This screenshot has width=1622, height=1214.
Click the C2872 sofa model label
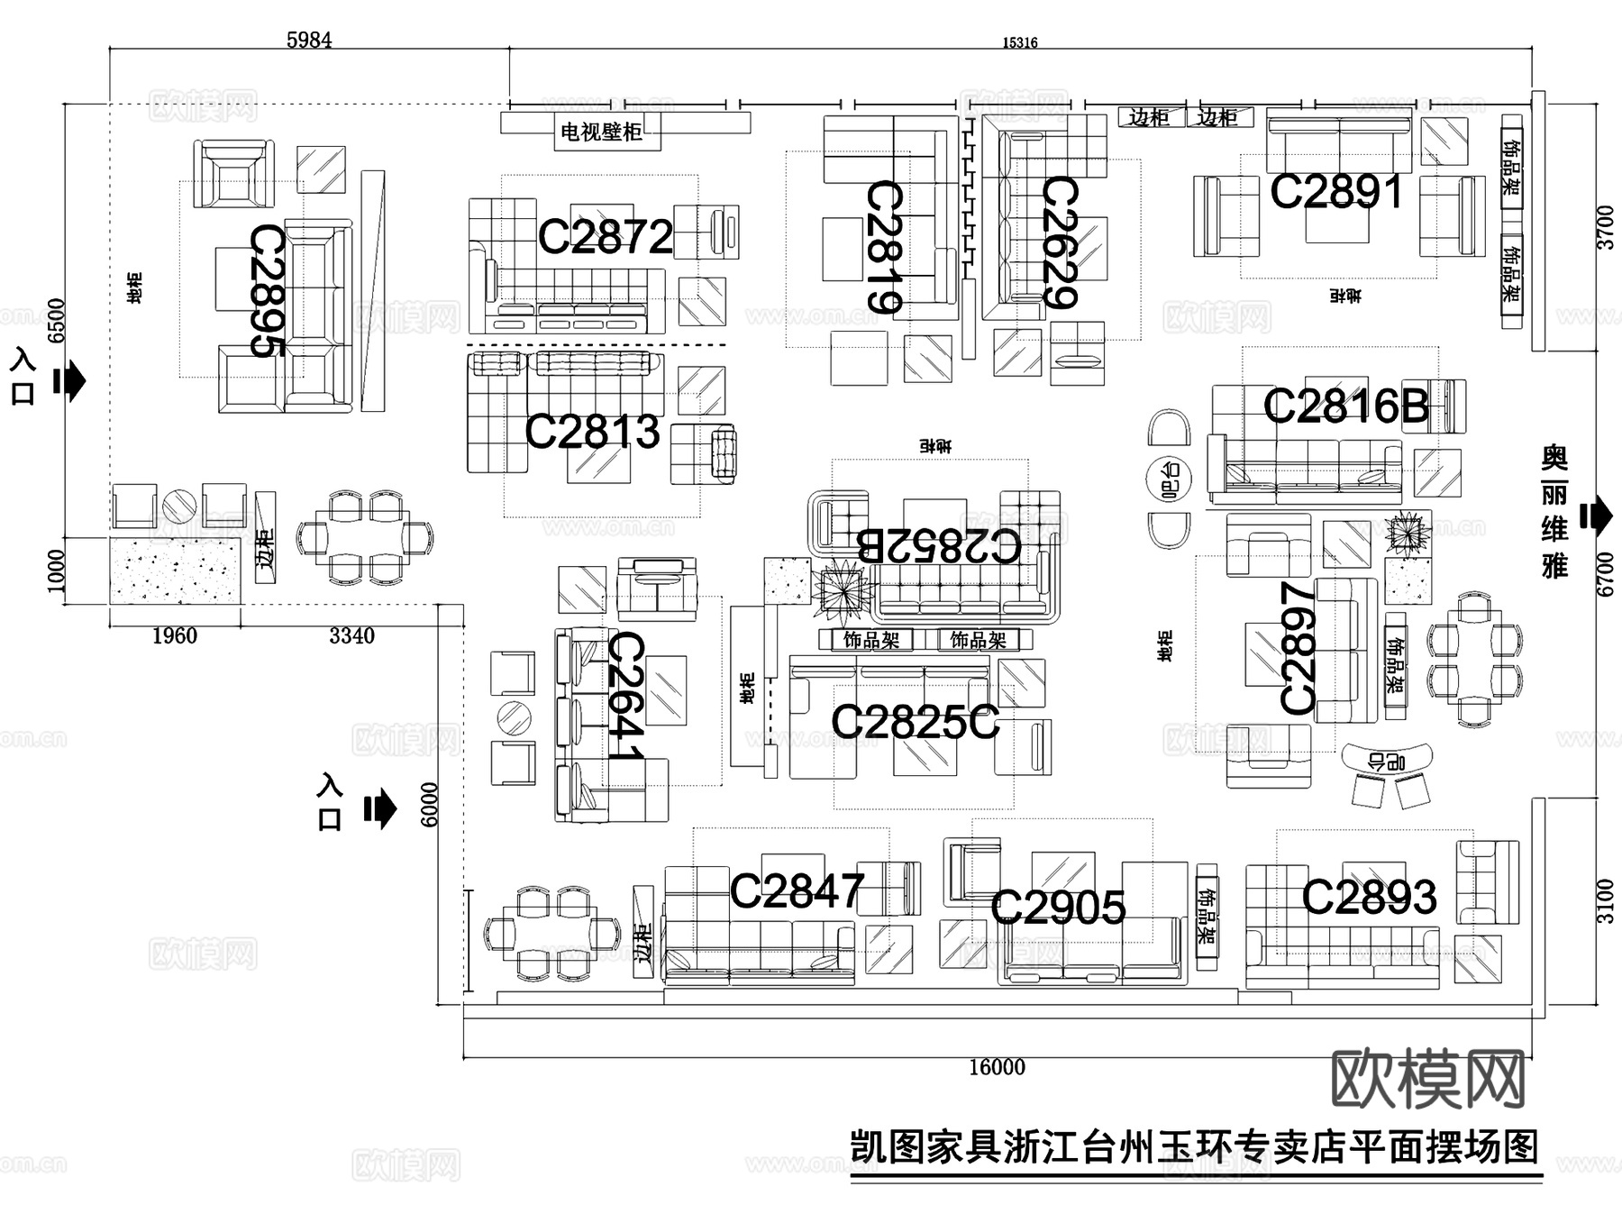pyautogui.click(x=605, y=237)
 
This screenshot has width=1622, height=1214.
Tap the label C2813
pyautogui.click(x=592, y=431)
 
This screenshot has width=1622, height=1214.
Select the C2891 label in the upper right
pyautogui.click(x=1335, y=192)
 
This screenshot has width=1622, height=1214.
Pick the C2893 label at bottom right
pyautogui.click(x=1368, y=897)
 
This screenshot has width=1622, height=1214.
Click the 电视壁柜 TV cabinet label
pyautogui.click(x=601, y=132)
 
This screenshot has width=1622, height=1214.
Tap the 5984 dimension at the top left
pyautogui.click(x=308, y=41)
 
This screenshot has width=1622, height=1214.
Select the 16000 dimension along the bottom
pyautogui.click(x=997, y=1067)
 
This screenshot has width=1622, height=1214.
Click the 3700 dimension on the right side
pyautogui.click(x=1605, y=227)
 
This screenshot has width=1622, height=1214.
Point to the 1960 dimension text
pyautogui.click(x=174, y=636)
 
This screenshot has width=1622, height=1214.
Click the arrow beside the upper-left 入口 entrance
pyautogui.click(x=70, y=382)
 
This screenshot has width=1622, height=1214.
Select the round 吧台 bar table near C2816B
pyautogui.click(x=1169, y=479)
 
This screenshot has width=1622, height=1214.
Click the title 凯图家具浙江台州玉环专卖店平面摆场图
pyautogui.click(x=1195, y=1147)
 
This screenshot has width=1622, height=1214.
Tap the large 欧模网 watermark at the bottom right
pyautogui.click(x=1427, y=1078)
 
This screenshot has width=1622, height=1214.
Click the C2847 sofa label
pyautogui.click(x=797, y=891)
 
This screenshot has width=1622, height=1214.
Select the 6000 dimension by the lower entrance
pyautogui.click(x=430, y=804)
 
